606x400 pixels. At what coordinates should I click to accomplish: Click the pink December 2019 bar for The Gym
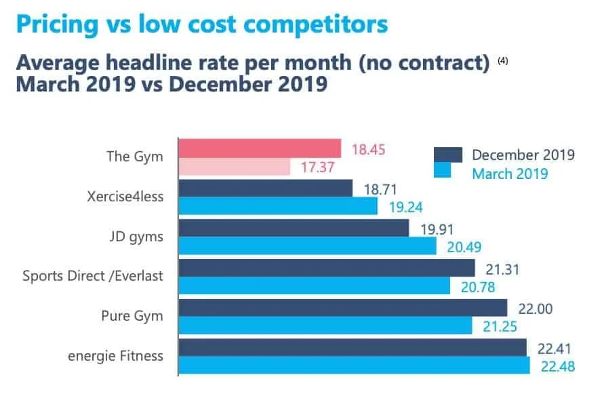point(259,148)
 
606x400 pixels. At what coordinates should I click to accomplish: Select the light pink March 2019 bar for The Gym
point(234,167)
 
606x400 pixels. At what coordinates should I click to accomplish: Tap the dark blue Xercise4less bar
point(265,188)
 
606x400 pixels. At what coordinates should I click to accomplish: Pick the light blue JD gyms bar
point(307,245)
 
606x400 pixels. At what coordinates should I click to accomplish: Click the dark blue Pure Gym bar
point(342,308)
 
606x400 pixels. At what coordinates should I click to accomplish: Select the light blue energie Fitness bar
point(354,365)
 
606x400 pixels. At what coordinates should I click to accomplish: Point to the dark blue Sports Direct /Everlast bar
point(326,268)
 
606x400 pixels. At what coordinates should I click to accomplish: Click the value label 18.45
point(368,148)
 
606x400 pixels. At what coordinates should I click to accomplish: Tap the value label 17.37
point(317,167)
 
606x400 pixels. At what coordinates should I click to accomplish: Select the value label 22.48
point(557,367)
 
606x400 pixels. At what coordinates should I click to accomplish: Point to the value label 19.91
point(437,228)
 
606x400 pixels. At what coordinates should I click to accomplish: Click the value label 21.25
point(500,326)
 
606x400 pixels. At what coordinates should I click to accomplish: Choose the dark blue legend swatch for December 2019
point(447,155)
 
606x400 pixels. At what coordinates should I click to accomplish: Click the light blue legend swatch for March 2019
point(447,174)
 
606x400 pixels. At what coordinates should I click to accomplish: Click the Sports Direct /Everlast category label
point(93,276)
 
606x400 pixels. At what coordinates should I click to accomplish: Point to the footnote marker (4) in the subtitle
point(502,61)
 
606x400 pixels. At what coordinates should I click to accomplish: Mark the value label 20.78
point(477,287)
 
